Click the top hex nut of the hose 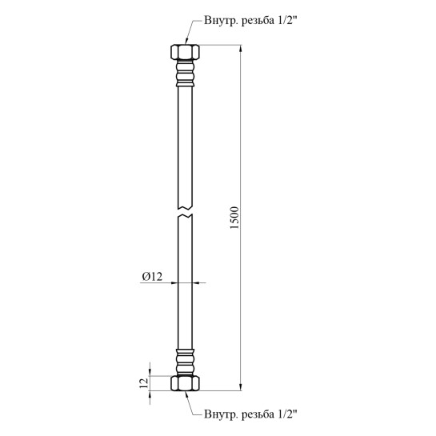click(185, 52)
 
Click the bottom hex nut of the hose click(185, 383)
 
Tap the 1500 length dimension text click(234, 218)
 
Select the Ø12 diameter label click(152, 277)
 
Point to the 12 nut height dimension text click(144, 383)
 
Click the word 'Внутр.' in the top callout click(221, 21)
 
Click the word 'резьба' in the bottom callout click(258, 414)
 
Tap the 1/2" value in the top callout click(287, 20)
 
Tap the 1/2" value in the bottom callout click(287, 414)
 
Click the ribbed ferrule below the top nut click(185, 73)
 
